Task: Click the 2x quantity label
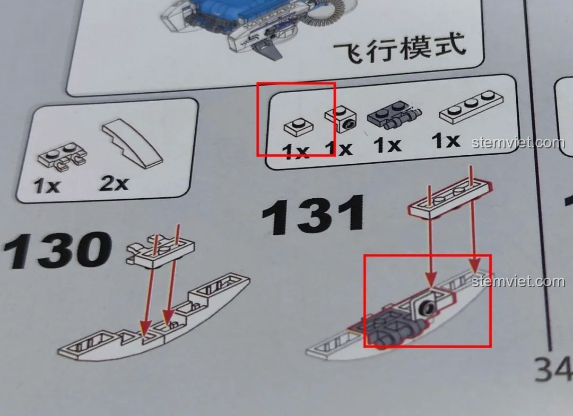click(x=114, y=183)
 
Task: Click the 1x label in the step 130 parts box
click(x=48, y=185)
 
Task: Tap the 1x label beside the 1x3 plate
click(x=446, y=140)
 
